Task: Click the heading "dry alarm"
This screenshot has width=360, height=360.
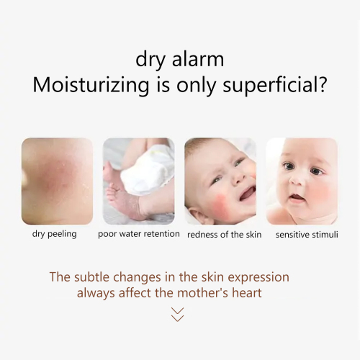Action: [179, 59]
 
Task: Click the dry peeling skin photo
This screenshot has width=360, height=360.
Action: [58, 181]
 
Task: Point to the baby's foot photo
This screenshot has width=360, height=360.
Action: [139, 181]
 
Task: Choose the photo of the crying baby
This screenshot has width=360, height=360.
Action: [220, 181]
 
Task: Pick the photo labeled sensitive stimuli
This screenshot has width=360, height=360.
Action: [302, 181]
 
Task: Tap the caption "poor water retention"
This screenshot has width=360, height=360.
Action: [139, 235]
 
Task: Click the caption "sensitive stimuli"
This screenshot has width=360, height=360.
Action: [307, 235]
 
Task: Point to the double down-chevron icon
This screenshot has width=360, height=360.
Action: [178, 314]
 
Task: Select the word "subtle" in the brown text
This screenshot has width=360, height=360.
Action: [94, 277]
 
